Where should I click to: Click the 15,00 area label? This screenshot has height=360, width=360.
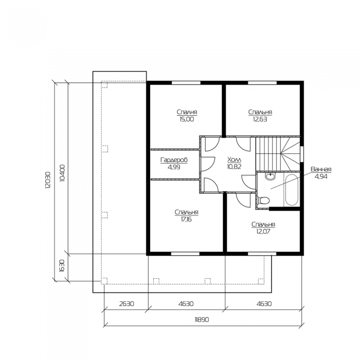187,119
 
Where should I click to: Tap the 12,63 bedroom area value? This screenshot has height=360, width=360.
260,119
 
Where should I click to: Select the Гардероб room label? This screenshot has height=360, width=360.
174,160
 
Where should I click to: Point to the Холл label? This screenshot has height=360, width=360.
234,159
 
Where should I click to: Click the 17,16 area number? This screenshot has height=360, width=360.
186,220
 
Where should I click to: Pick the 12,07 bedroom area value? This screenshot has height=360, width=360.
263,231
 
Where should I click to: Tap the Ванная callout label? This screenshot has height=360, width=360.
321,169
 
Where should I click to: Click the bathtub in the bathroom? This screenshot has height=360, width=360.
292,190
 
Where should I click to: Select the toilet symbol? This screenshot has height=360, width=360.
263,201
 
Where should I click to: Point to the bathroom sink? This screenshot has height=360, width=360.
271,176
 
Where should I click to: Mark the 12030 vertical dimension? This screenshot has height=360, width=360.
48,180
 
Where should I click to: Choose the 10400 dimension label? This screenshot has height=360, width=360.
62,173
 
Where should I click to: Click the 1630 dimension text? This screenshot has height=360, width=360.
62,266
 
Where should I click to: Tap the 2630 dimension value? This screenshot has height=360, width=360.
127,304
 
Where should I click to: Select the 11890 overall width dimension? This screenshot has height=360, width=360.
202,319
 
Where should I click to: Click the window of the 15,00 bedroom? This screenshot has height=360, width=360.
186,83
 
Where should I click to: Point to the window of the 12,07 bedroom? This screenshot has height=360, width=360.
262,254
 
